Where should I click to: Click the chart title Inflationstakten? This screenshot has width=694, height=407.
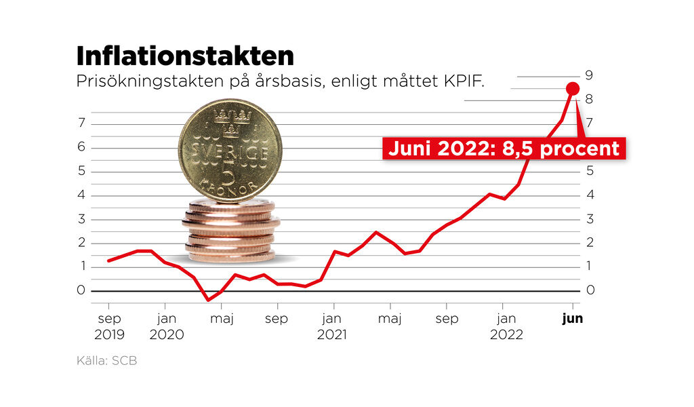(x=185, y=56)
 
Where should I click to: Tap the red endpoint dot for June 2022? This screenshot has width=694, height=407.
(x=572, y=88)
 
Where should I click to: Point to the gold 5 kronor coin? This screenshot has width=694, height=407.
(x=230, y=150)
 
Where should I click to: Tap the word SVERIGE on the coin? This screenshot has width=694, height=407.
(x=230, y=153)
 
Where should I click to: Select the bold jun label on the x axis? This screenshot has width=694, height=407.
(x=573, y=318)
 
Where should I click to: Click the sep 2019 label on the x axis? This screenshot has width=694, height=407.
(x=108, y=326)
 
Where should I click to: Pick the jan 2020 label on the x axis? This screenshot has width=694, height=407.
(x=165, y=326)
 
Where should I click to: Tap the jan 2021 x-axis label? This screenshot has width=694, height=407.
(x=332, y=326)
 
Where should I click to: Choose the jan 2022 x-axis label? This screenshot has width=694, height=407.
(x=503, y=326)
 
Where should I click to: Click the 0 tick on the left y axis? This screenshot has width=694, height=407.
(x=81, y=290)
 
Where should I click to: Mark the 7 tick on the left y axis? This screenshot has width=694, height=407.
(x=81, y=123)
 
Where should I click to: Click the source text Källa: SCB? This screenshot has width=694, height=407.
(x=106, y=361)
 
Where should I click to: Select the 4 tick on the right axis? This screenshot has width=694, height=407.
(x=590, y=195)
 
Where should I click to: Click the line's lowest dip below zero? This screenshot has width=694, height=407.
(x=208, y=299)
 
